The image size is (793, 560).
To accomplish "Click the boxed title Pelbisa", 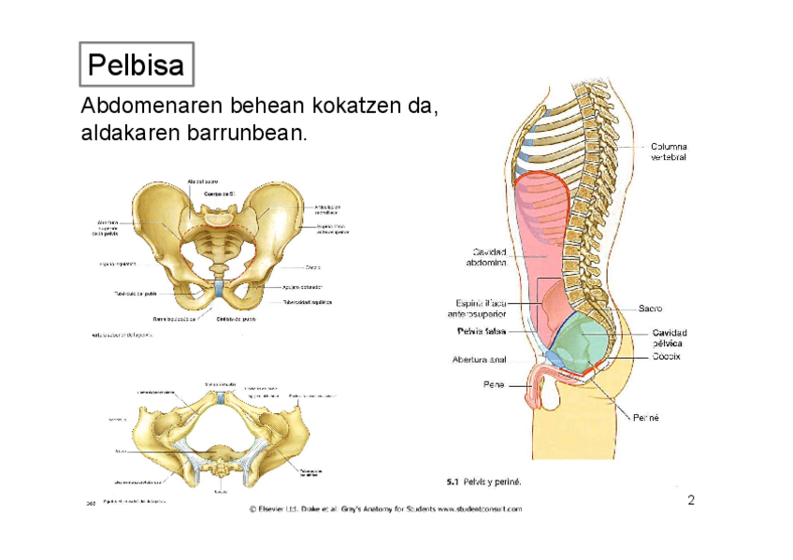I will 135,65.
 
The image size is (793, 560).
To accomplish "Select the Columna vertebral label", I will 668,152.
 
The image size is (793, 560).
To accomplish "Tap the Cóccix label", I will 666,357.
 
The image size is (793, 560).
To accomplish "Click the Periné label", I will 646,418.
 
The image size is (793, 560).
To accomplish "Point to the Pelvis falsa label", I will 482,331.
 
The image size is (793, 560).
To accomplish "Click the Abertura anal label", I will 479,359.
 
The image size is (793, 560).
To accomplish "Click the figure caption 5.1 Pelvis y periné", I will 483,482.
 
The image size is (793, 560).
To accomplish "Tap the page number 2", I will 691,500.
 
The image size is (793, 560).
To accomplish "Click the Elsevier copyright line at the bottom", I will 385,510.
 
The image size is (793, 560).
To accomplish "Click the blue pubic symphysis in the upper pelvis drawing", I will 217,291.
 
